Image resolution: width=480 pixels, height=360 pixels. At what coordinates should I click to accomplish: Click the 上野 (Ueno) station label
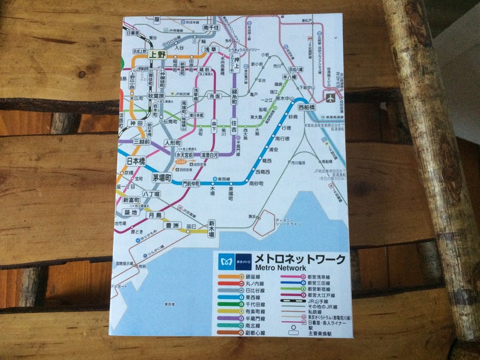click(158, 54)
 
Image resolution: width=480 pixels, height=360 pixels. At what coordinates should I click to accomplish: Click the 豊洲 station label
click(172, 226)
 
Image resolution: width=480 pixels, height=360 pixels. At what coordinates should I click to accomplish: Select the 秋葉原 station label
click(157, 95)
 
